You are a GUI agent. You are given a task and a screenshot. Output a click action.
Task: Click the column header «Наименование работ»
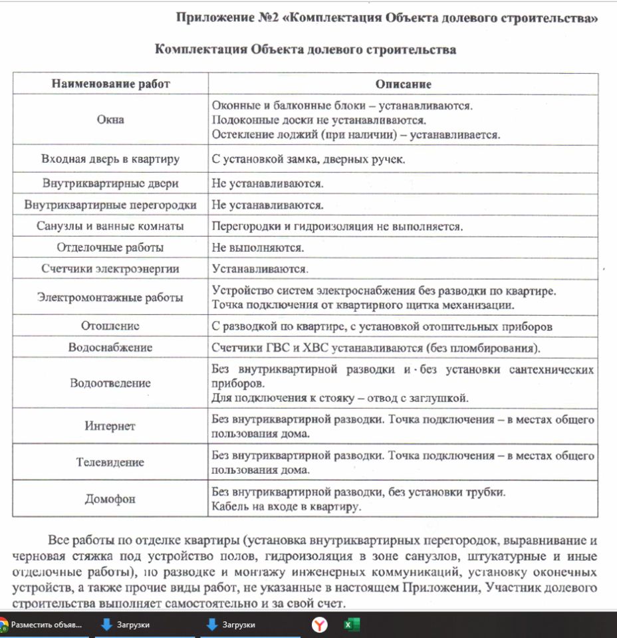[110, 84]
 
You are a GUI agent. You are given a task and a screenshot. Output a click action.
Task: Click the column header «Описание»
[403, 84]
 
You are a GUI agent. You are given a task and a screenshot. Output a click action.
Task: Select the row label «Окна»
[110, 120]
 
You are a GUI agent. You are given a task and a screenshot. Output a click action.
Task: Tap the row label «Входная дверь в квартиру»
[110, 159]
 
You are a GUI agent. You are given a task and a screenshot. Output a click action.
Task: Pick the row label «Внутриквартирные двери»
[110, 183]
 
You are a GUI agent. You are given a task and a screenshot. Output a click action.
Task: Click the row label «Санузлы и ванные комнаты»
[110, 226]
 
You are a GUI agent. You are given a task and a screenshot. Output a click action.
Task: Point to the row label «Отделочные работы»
[110, 248]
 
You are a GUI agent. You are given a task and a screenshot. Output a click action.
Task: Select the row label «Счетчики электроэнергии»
[110, 269]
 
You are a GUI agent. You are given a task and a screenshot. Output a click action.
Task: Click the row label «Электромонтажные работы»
[110, 298]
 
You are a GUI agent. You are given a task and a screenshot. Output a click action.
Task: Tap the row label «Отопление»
[110, 326]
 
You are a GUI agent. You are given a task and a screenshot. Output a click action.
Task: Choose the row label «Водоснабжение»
[110, 348]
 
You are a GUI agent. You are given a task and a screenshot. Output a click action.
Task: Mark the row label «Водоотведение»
[110, 383]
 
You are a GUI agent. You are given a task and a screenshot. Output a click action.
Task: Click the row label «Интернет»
[110, 426]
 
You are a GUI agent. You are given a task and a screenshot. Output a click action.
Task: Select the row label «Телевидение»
[110, 462]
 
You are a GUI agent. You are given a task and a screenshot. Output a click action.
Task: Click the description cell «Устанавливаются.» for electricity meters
[260, 269]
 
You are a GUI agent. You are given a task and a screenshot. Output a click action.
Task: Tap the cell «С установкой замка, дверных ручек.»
[308, 159]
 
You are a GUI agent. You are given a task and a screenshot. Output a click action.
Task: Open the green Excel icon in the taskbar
[351, 625]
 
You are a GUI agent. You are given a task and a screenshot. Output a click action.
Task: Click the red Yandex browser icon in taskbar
[320, 625]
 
